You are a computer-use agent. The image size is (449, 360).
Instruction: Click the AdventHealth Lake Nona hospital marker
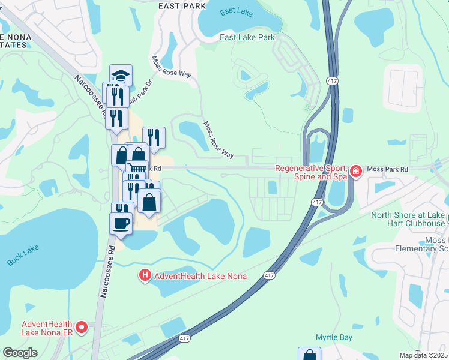point(145,276)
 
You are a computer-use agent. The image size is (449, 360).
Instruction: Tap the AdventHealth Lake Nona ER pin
point(82,328)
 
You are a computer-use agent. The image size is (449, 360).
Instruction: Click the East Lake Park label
point(247,37)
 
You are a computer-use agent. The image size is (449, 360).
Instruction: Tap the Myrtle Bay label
point(334,338)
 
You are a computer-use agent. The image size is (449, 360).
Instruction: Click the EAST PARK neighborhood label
point(182,6)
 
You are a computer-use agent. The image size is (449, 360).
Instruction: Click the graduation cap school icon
point(121,76)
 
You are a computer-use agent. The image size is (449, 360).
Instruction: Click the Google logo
point(20,353)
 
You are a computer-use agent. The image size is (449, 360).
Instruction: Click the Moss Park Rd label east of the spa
point(387,170)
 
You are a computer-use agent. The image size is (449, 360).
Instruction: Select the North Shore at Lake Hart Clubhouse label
point(408,220)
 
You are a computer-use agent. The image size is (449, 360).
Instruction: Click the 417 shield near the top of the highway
point(331,80)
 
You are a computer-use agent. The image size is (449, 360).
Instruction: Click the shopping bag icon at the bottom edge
point(309,355)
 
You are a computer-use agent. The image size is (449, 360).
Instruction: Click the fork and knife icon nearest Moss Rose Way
point(154,138)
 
